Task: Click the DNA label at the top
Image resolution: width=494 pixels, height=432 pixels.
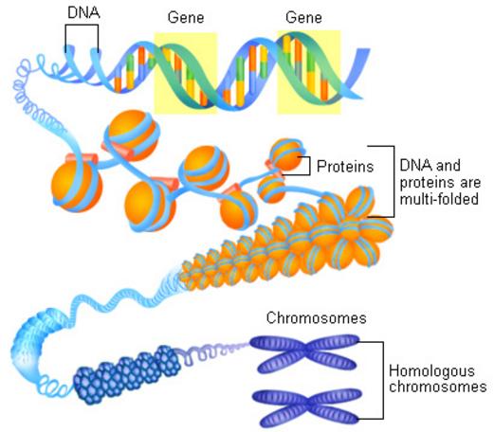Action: (83, 12)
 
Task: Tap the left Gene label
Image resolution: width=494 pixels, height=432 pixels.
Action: (186, 17)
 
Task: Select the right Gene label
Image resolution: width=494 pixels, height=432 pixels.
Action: (303, 17)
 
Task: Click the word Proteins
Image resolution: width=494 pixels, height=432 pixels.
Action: (345, 166)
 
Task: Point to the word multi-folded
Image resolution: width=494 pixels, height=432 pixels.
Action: (439, 199)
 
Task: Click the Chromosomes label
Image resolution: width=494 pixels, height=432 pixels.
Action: (317, 317)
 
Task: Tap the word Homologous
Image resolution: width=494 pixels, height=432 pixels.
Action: (431, 371)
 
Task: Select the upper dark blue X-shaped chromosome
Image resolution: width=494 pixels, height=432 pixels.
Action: (305, 353)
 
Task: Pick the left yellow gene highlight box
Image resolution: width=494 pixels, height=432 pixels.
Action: (186, 73)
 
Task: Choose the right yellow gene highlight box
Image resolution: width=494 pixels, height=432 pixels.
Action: (309, 72)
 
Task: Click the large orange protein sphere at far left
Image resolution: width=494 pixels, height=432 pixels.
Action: (77, 186)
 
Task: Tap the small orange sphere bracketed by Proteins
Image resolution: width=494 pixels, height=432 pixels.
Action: (286, 154)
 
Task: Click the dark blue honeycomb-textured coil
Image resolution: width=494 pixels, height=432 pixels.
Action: (127, 375)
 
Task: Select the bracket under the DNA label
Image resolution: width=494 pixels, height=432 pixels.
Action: (82, 26)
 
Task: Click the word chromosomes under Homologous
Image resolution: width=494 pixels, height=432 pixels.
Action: (438, 387)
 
